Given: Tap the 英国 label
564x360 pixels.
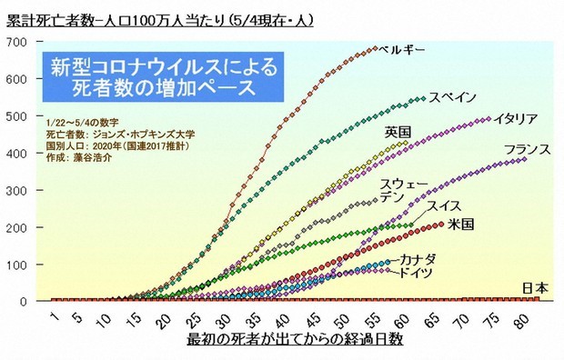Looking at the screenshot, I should (x=397, y=130).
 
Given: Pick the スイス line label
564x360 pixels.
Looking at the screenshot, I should (x=446, y=205).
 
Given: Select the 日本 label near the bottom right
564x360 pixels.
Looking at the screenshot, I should (x=535, y=288).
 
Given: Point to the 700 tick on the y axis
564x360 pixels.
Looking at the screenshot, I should (x=18, y=42).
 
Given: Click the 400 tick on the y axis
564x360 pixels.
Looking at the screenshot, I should (x=18, y=153).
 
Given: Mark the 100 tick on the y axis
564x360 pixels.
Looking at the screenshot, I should (x=18, y=264).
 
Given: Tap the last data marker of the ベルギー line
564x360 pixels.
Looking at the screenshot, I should (x=374, y=48).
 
